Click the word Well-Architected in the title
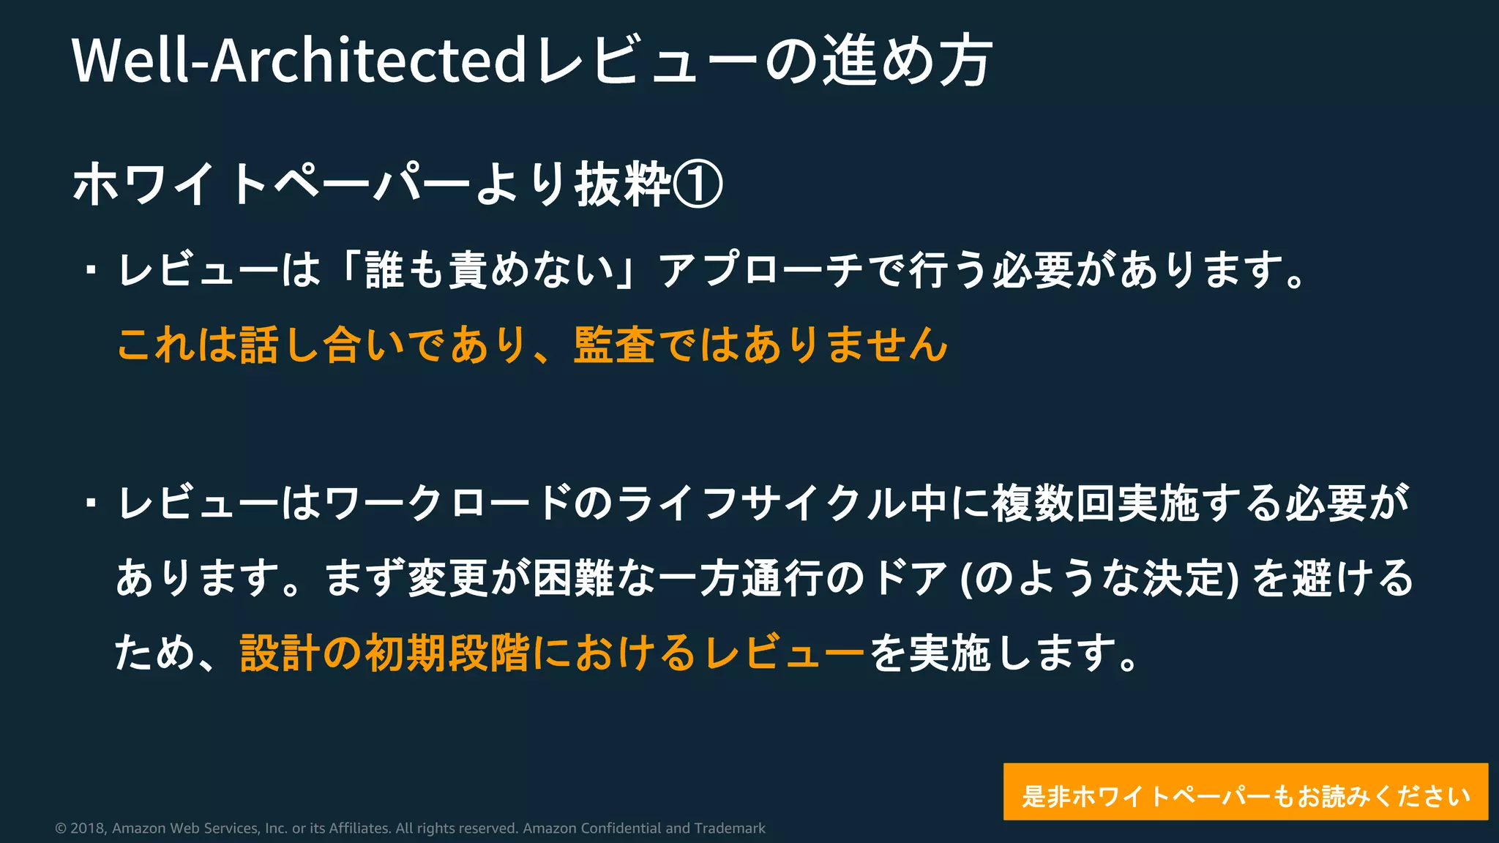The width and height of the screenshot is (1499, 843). [299, 60]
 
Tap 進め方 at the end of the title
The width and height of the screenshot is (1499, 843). [908, 60]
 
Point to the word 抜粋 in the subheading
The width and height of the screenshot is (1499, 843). [623, 184]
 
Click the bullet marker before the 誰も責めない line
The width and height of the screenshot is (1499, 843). [91, 270]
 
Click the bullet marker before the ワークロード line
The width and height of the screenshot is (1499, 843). [91, 503]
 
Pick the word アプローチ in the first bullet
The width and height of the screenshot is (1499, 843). [761, 269]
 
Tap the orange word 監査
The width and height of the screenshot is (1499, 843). [613, 344]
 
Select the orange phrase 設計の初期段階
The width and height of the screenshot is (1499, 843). [384, 653]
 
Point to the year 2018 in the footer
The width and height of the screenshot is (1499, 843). [87, 828]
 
